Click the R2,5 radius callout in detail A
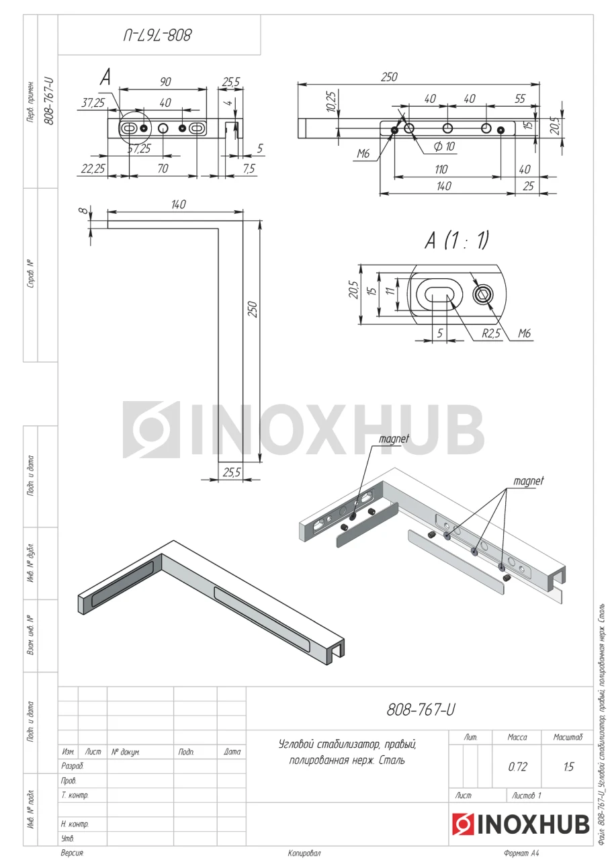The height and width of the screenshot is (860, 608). (491, 333)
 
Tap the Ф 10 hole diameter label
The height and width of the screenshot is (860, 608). (444, 146)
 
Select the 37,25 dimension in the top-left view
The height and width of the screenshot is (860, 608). (93, 103)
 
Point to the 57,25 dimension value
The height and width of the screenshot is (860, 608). (139, 148)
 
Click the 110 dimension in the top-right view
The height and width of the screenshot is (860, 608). (441, 169)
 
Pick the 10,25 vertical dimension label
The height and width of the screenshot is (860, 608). (331, 101)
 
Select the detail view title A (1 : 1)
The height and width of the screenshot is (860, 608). (457, 241)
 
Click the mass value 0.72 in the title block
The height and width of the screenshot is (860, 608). (517, 767)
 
